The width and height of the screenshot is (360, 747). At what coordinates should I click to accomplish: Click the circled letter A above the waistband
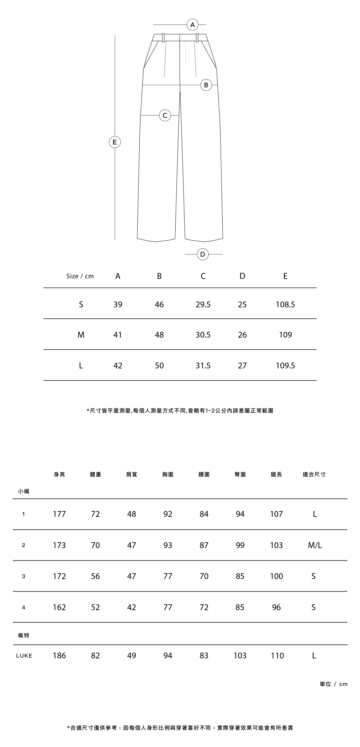coord(192,25)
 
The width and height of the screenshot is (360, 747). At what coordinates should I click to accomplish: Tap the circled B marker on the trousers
coord(206,85)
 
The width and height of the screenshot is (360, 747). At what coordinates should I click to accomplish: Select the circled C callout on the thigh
coord(165,115)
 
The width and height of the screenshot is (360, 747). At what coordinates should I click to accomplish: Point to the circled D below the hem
coord(203,254)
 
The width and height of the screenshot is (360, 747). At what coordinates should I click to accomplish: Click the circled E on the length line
coord(115,142)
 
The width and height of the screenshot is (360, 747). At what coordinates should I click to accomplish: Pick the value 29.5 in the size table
coord(203,304)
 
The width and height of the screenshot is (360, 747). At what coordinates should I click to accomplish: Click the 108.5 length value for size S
coord(285,304)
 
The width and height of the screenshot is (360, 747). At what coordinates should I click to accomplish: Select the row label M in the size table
coord(81,335)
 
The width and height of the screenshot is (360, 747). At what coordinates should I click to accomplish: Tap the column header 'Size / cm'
coord(80,276)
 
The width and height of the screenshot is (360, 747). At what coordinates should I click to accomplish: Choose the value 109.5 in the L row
coord(285,366)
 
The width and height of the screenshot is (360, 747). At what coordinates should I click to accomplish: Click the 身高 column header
coord(59,474)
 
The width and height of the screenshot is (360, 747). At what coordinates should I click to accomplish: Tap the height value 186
coord(59,656)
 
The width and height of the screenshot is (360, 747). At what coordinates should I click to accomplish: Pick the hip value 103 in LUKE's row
coord(240,656)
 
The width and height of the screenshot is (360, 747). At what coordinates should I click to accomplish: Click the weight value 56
coord(95,576)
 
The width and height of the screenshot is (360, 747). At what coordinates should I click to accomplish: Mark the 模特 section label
coord(24,636)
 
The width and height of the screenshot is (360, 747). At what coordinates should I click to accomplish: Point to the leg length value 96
coord(276,607)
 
